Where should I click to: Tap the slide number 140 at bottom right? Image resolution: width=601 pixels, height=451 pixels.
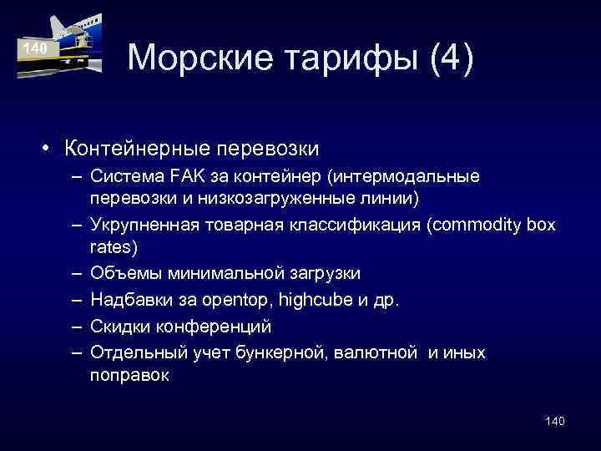pyautogui.click(x=554, y=421)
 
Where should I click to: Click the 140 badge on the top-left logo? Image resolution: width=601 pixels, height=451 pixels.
pyautogui.click(x=35, y=49)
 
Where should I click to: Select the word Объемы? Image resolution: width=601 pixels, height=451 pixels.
pyautogui.click(x=122, y=272)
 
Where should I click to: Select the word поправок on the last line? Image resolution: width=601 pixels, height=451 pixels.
pyautogui.click(x=130, y=376)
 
